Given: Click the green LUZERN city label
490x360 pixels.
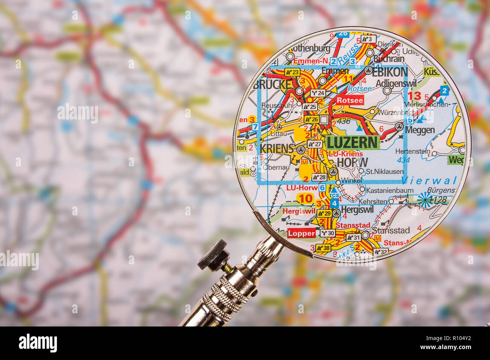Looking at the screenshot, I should pos(352,143).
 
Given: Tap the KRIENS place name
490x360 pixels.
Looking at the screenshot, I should pos(276,148).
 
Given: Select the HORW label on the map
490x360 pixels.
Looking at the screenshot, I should pos(352,162).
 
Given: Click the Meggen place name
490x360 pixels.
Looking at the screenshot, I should pos(420,130).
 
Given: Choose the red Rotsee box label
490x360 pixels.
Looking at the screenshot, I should pos(350,100).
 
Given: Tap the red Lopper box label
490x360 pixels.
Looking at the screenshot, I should pos(302,233).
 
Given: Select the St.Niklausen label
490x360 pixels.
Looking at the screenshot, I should pos(384,172).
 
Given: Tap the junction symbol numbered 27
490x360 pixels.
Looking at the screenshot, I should pos(315,144).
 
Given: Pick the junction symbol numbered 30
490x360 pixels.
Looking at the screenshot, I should pos(328,233).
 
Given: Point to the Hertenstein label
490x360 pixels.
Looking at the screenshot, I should pos(412,151).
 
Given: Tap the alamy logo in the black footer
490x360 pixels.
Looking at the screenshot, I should pos(38,343).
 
